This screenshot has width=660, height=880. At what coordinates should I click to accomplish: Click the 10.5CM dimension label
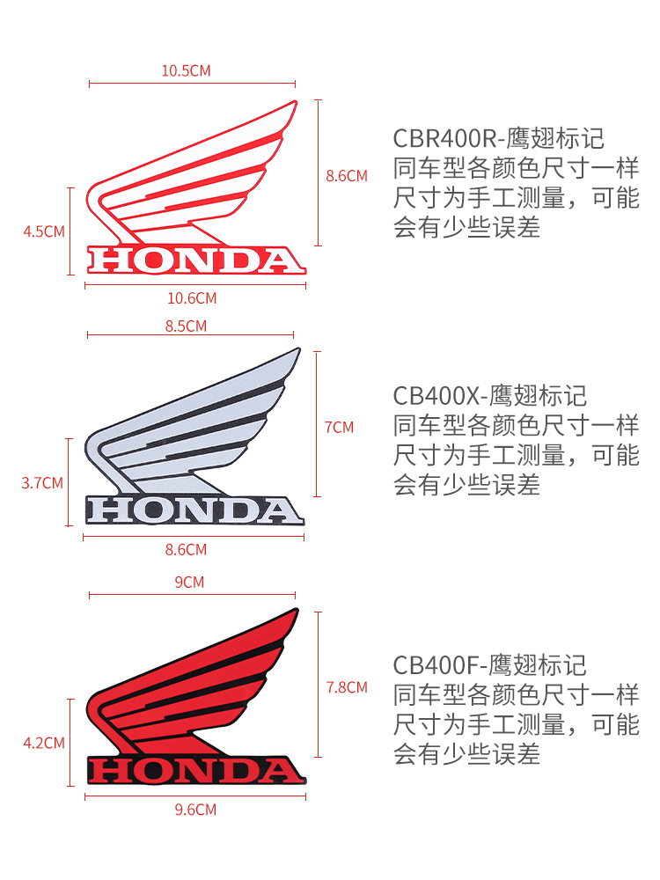pyautogui.click(x=186, y=70)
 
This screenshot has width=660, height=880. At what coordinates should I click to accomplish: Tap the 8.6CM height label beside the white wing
pyautogui.click(x=346, y=175)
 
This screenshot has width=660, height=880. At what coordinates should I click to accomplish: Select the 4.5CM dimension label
pyautogui.click(x=44, y=231)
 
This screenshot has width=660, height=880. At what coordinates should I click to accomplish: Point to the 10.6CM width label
pyautogui.click(x=191, y=298)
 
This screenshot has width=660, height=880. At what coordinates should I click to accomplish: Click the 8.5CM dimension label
pyautogui.click(x=186, y=326)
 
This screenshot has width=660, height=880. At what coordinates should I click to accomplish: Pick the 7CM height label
pyautogui.click(x=339, y=427)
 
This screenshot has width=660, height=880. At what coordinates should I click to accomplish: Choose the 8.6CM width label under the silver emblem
pyautogui.click(x=186, y=550)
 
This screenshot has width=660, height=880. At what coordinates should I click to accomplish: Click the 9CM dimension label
pyautogui.click(x=189, y=582)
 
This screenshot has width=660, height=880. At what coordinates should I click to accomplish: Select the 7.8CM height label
pyautogui.click(x=346, y=687)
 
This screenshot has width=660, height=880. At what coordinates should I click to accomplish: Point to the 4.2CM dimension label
pyautogui.click(x=44, y=743)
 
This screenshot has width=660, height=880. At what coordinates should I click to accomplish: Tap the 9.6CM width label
pyautogui.click(x=195, y=810)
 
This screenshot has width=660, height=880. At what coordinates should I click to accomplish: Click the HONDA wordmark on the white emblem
pyautogui.click(x=194, y=260)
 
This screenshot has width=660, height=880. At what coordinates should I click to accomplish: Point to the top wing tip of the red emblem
pyautogui.click(x=294, y=610)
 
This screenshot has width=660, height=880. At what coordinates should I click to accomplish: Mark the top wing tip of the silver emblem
pyautogui.click(x=297, y=350)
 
